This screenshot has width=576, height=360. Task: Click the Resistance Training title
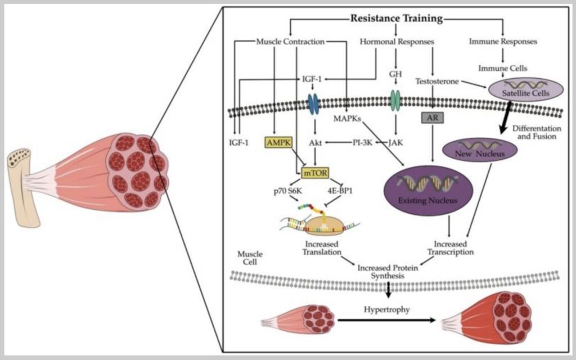pos(396,18)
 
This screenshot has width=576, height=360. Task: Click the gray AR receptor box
pos(431,118)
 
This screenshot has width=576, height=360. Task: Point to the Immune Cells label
pos(502,68)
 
